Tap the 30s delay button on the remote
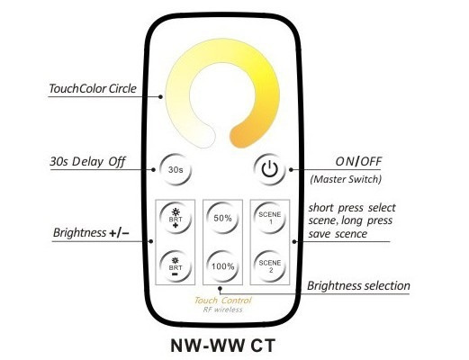click(x=176, y=170)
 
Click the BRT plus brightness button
click(x=176, y=218)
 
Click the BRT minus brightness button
click(x=176, y=266)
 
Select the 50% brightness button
click(x=222, y=218)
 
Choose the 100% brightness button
click(x=222, y=266)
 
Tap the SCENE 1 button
click(x=270, y=218)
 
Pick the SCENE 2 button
click(x=270, y=266)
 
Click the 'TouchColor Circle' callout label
click(x=93, y=89)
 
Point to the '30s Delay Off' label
click(x=87, y=162)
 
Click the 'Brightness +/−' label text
click(x=91, y=233)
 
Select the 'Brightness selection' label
click(x=358, y=286)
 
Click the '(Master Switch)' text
click(x=346, y=179)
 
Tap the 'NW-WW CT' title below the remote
click(x=223, y=346)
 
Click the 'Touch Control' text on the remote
click(x=223, y=301)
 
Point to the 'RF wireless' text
click(x=223, y=310)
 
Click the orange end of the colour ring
click(x=241, y=137)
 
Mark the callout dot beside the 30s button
click(x=153, y=170)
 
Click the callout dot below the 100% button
click(x=220, y=288)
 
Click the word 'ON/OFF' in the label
click(x=358, y=162)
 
